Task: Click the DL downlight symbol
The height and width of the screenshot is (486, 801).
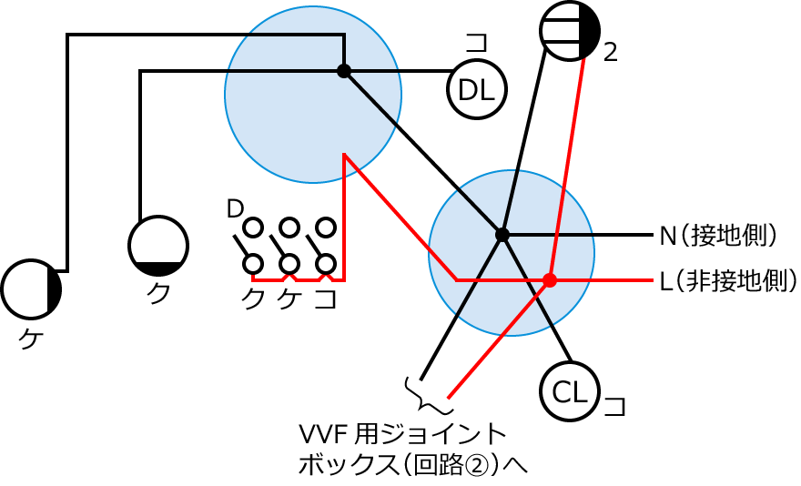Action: tap(476, 89)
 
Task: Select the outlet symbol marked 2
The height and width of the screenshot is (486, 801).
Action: tap(570, 30)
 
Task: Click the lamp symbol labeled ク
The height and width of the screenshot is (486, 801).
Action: tap(158, 246)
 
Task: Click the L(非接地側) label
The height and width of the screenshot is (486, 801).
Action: tap(727, 280)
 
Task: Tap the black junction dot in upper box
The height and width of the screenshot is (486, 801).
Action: tap(343, 71)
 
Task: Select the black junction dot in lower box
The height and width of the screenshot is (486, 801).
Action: tap(502, 235)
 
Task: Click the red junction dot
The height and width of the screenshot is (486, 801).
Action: tap(549, 279)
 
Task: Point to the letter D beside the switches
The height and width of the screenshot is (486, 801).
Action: tap(235, 209)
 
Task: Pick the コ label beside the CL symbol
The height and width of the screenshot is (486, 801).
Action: tap(616, 404)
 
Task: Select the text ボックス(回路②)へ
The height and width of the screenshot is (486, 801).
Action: tap(412, 464)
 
